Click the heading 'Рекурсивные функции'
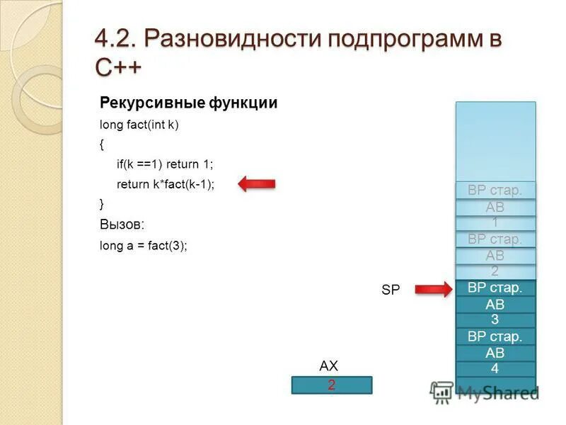tap(188, 103)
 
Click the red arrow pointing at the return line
tap(256, 184)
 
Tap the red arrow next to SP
tap(432, 288)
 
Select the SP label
tap(391, 289)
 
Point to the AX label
tap(329, 366)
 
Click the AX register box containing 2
tap(332, 385)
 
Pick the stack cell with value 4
tap(495, 369)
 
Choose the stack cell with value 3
tap(495, 320)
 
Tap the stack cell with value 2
tap(495, 271)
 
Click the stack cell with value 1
tap(495, 222)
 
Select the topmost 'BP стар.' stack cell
tap(495, 190)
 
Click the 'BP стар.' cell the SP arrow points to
tap(495, 288)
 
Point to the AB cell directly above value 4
tap(495, 353)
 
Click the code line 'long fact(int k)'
tap(139, 125)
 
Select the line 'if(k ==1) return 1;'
tap(165, 164)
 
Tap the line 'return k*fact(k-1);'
tap(165, 184)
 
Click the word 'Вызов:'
tap(122, 224)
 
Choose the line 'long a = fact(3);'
tap(144, 246)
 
